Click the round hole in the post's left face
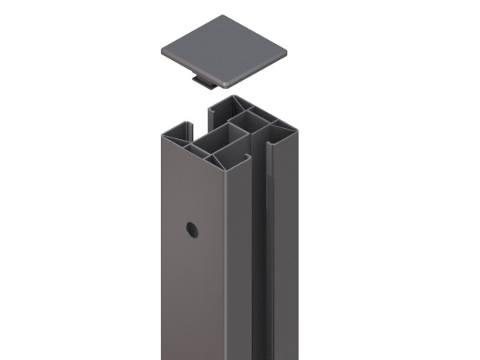point(192,230)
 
